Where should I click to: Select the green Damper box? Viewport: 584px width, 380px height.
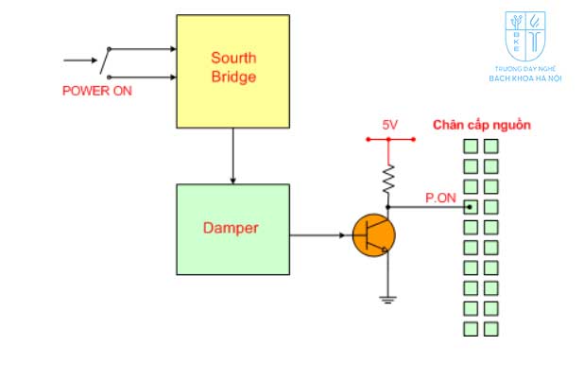click(232, 229)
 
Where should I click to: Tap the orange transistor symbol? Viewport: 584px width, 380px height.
click(373, 235)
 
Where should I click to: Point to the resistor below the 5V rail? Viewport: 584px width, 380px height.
click(387, 177)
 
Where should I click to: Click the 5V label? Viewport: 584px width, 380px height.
click(389, 125)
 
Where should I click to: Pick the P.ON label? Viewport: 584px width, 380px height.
click(439, 197)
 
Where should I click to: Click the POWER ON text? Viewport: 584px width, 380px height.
click(97, 92)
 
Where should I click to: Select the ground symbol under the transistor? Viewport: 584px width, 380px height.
click(387, 301)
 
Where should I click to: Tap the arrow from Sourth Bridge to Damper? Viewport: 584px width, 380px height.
click(232, 156)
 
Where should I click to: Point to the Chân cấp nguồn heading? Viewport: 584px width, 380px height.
click(482, 125)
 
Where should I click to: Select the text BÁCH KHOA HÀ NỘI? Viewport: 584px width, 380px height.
click(525, 78)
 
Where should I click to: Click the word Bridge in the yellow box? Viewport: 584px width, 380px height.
click(232, 77)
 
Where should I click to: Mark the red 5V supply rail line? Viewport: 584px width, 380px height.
click(389, 139)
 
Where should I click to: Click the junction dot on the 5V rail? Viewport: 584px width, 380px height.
click(387, 139)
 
